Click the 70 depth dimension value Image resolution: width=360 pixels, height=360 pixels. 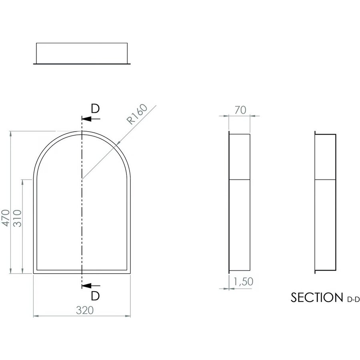[240, 110]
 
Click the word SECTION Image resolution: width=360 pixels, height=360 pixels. [315, 298]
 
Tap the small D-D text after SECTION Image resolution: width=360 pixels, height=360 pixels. [352, 299]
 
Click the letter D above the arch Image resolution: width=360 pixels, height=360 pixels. [95, 109]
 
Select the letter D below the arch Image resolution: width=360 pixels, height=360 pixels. [95, 296]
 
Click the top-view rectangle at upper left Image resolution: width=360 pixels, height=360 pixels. [82, 53]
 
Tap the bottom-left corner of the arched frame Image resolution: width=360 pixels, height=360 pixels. [34, 273]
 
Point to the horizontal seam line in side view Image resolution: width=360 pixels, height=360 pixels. [240, 179]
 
